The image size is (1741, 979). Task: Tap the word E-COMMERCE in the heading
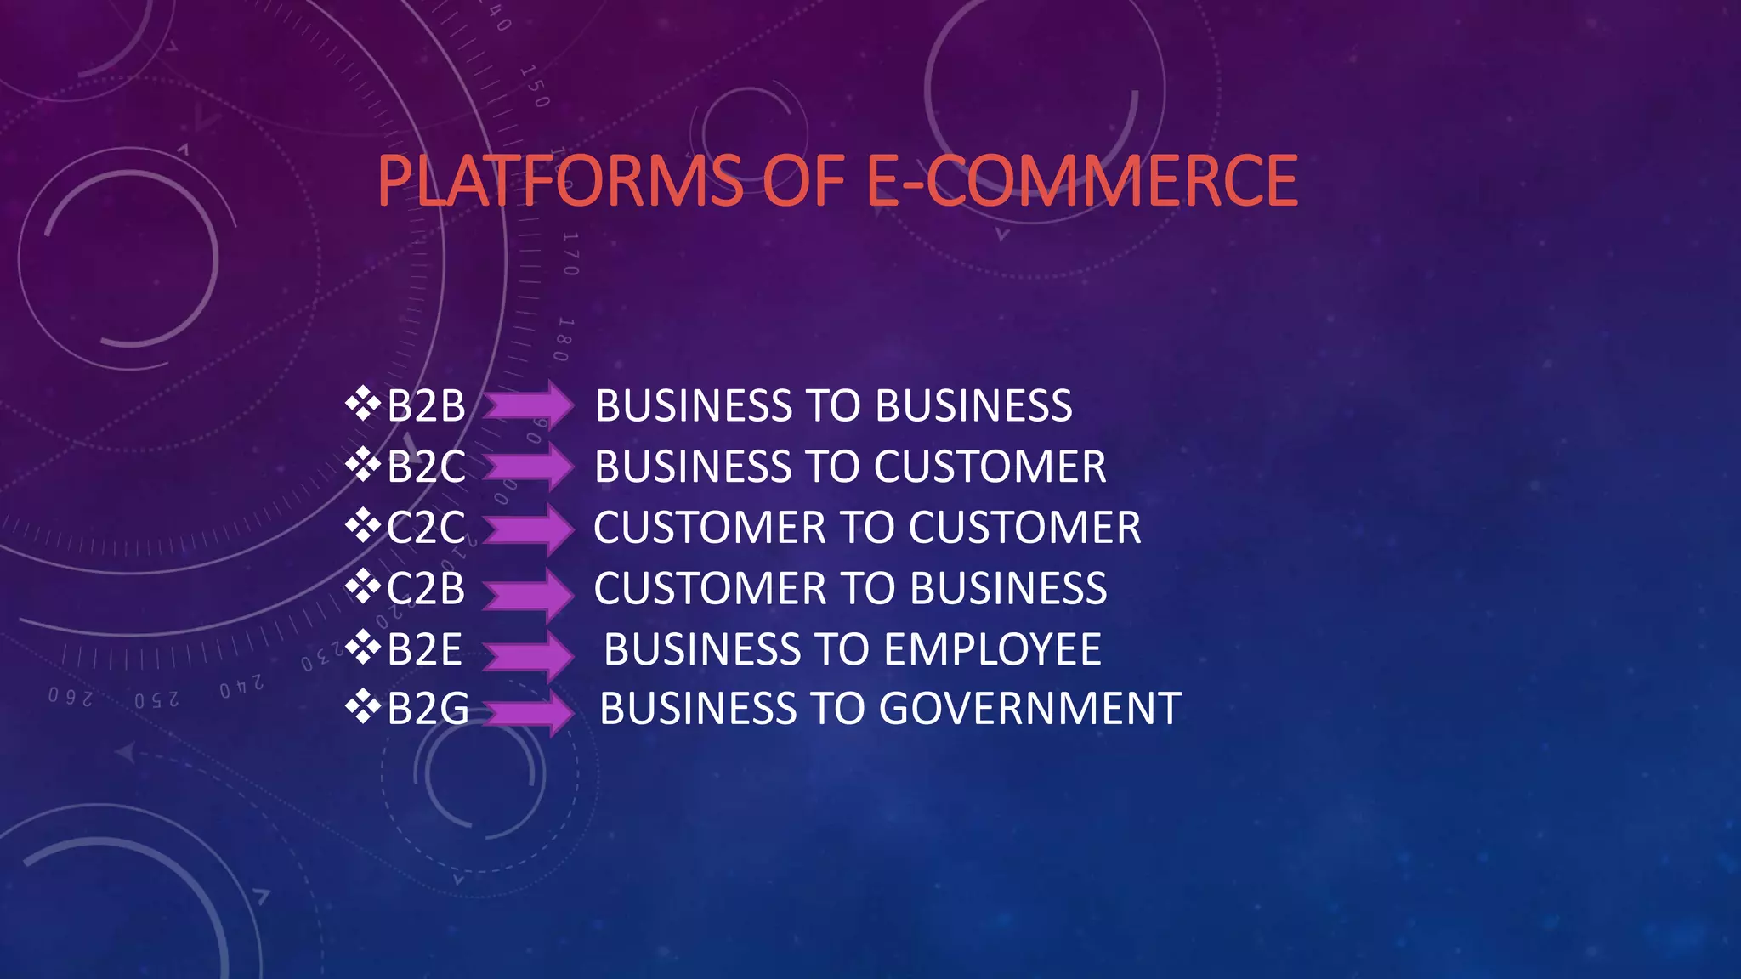[x=1081, y=181]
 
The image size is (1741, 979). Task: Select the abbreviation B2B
[x=426, y=405]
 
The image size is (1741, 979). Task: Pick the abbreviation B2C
[x=426, y=467]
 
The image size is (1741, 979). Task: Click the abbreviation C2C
[x=426, y=528]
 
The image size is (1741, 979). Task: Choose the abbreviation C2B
[x=426, y=589]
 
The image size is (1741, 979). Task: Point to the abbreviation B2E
[x=424, y=650]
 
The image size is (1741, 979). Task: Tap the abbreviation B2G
[x=428, y=709]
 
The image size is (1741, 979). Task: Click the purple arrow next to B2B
[x=529, y=405]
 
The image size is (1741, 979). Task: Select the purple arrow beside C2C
[x=529, y=529]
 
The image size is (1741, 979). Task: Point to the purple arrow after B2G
[x=529, y=712]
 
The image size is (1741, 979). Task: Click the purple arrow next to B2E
[x=529, y=653]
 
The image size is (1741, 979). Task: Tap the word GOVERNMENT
[x=1029, y=709]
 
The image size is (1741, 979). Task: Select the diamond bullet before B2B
[x=363, y=404]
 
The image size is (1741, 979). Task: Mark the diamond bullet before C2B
[x=363, y=586]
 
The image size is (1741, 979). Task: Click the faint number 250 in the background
[x=156, y=700]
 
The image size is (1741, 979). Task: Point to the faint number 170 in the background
[x=570, y=253]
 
